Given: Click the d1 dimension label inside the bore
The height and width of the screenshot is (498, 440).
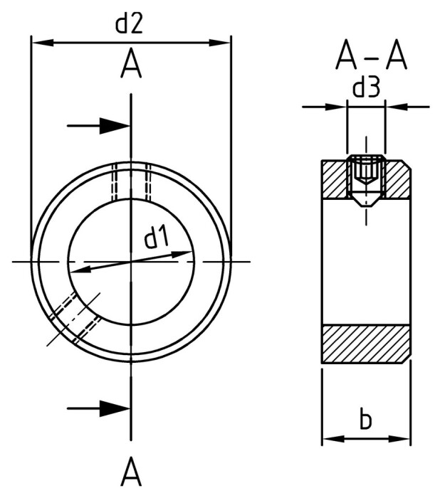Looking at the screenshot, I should pyautogui.click(x=157, y=238).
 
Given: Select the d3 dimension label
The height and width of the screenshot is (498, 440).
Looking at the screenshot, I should pyautogui.click(x=366, y=88).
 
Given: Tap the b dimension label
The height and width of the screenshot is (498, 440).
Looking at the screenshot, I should pyautogui.click(x=365, y=420).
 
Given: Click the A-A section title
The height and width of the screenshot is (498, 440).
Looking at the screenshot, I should pyautogui.click(x=371, y=56).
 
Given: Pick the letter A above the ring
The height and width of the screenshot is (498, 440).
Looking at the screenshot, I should pyautogui.click(x=131, y=65).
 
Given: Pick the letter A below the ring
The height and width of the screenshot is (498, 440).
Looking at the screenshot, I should pyautogui.click(x=131, y=471).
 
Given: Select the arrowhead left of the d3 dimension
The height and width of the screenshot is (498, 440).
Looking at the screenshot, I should pyautogui.click(x=337, y=107).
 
